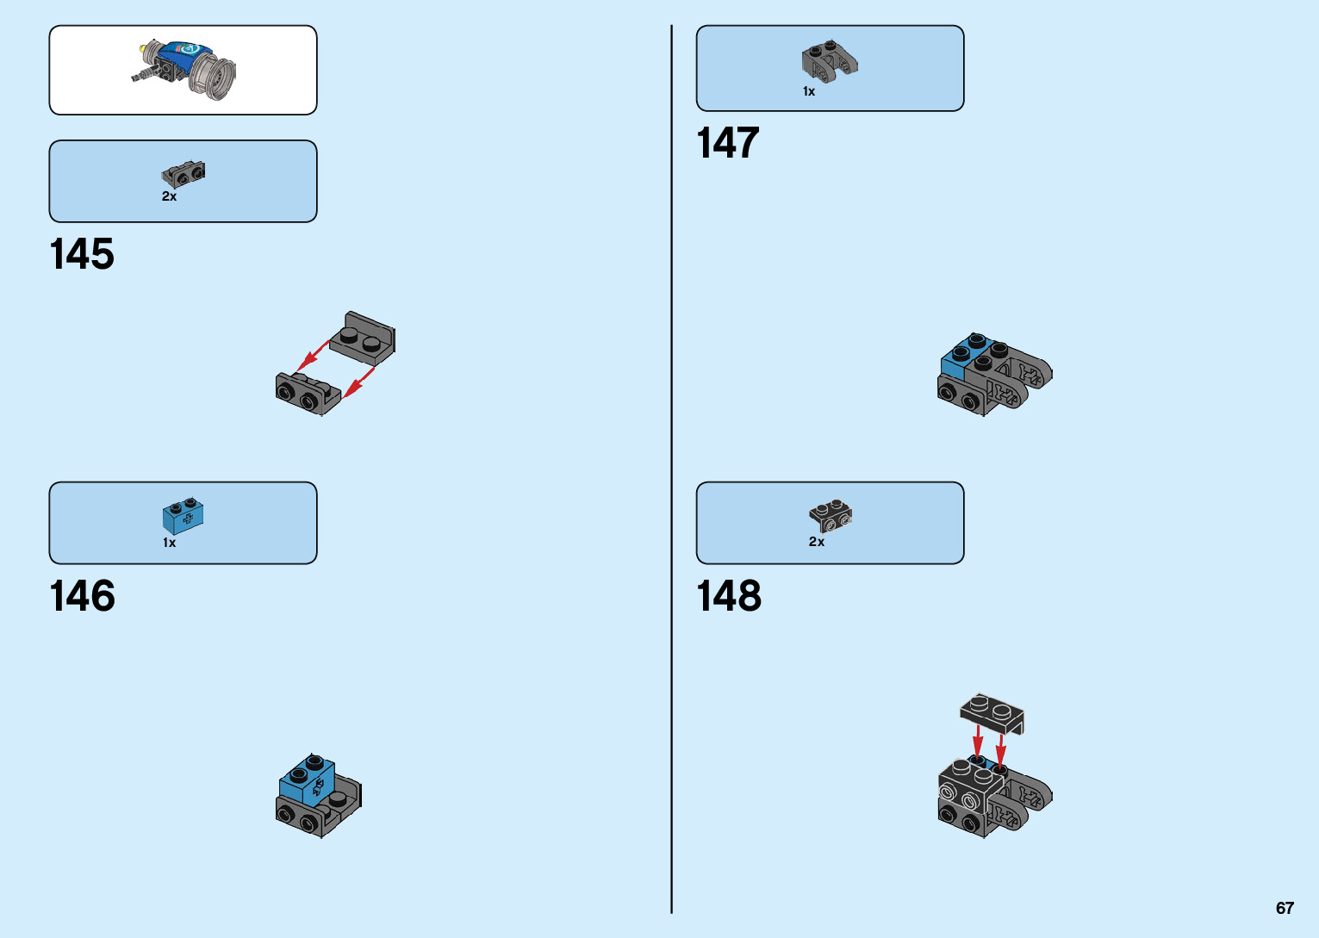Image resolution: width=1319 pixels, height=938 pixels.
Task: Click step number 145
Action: tap(82, 254)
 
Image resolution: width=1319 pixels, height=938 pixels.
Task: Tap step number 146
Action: tap(83, 596)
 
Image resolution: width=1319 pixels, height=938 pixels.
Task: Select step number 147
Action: tap(728, 143)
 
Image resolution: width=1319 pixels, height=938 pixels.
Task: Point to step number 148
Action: tap(729, 596)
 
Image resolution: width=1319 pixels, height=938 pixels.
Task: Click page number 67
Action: tap(1285, 908)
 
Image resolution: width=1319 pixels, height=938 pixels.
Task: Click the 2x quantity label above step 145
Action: tap(169, 196)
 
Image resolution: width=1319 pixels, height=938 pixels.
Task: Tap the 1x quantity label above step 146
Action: tap(169, 543)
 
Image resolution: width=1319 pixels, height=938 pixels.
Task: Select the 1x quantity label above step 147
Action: tap(808, 91)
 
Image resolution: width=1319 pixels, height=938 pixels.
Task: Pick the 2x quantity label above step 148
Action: tap(816, 542)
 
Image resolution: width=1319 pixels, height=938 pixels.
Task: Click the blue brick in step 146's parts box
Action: tap(184, 516)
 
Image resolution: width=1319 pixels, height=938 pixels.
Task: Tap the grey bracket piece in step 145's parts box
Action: tap(184, 173)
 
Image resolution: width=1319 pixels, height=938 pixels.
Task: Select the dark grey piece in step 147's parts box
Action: tap(830, 60)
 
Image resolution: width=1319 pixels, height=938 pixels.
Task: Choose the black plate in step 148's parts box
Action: tap(831, 515)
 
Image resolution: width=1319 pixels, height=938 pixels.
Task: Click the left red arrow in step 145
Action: tap(312, 356)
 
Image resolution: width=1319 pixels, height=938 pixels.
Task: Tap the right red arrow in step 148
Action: tap(1000, 747)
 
